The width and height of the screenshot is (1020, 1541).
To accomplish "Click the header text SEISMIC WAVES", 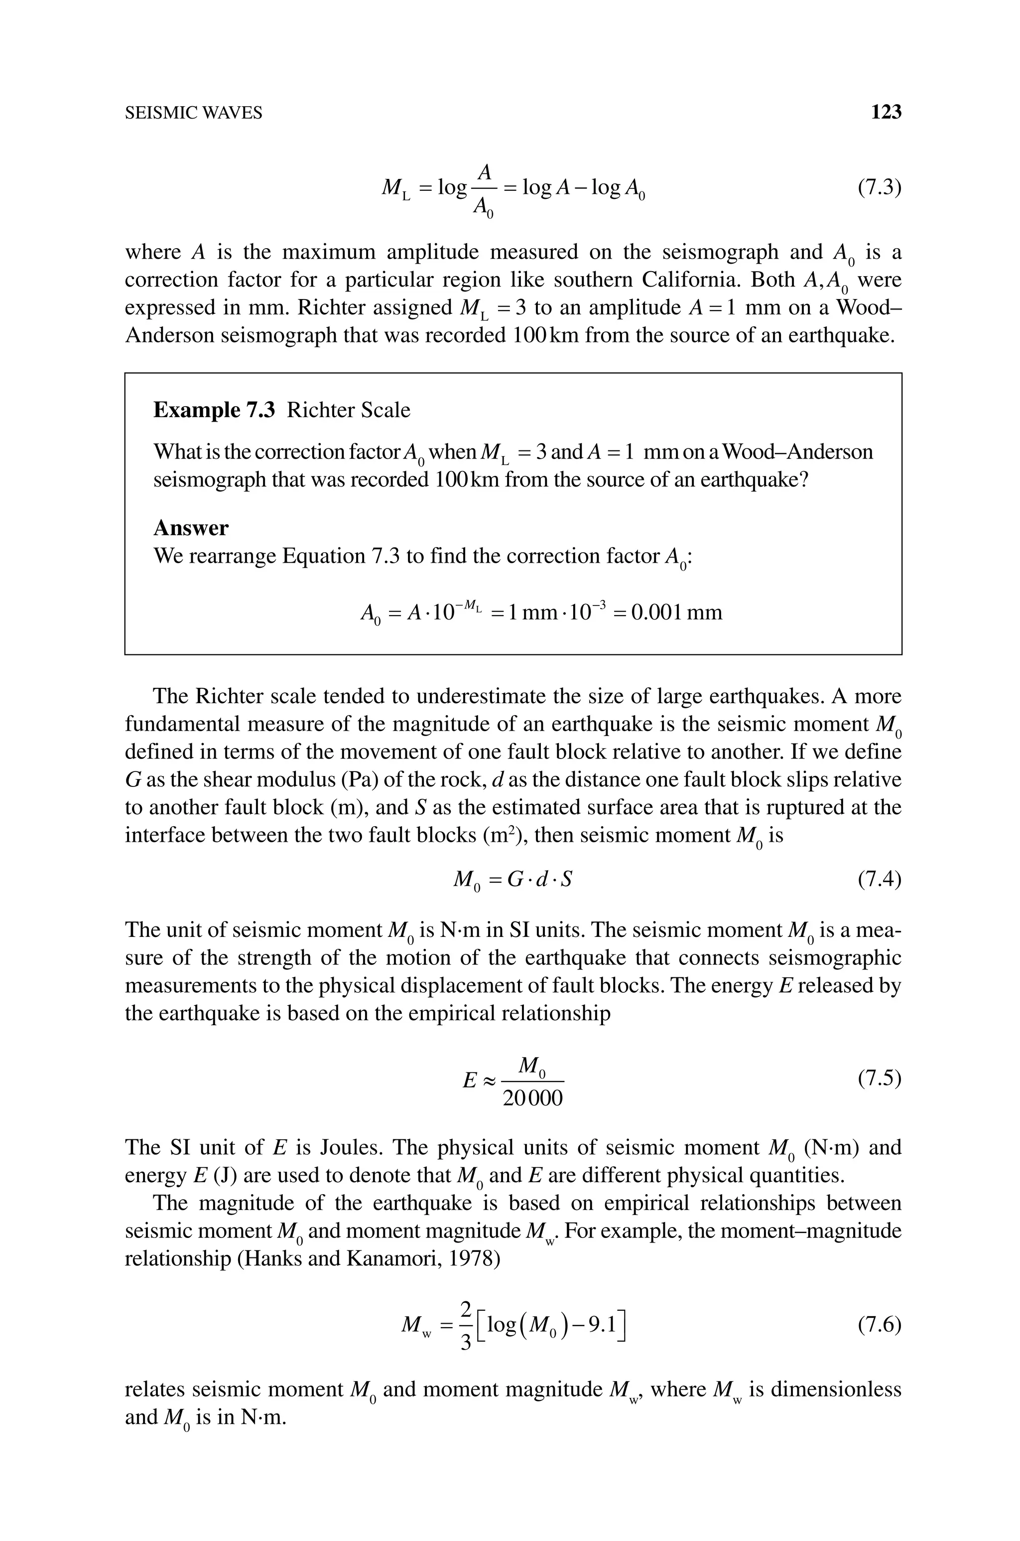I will pos(193,113).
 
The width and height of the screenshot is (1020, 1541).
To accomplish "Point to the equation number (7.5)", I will pos(879,1079).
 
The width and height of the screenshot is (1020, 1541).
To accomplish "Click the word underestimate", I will pos(481,696).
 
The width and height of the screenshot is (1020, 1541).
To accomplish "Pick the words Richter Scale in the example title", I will pos(348,410).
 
